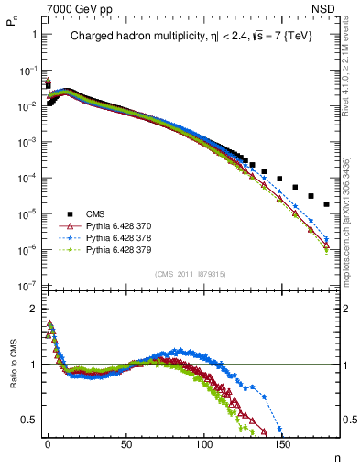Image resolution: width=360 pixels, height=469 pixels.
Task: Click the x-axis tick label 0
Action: [x=48, y=444]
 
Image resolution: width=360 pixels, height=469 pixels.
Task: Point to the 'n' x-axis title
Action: [x=335, y=458]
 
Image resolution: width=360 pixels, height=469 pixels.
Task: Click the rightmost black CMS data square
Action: [x=327, y=203]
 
